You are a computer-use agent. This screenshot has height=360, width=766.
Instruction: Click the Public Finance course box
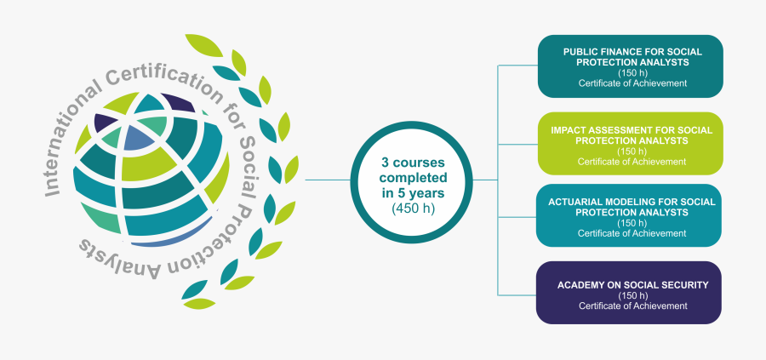[630, 66]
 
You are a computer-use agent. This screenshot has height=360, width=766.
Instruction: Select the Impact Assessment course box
[630, 143]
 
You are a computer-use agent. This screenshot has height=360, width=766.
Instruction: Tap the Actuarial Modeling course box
[630, 214]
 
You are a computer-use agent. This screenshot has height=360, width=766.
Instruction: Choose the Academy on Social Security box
[630, 292]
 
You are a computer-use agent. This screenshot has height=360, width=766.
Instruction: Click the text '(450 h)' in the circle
[413, 208]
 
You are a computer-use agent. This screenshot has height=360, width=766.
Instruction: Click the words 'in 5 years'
[413, 192]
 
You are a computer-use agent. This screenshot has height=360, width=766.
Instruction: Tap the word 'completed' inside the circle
[413, 178]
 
